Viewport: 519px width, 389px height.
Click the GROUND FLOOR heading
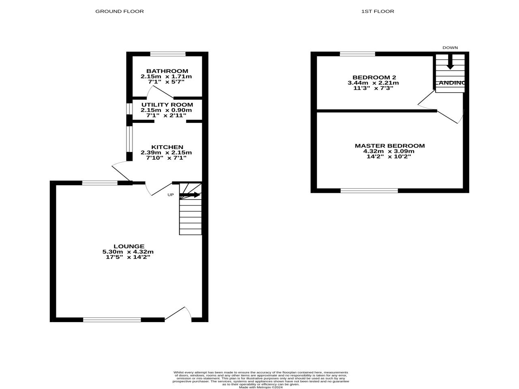click(x=119, y=11)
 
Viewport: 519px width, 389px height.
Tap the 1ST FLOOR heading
click(x=377, y=11)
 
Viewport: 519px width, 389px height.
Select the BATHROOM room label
click(x=167, y=71)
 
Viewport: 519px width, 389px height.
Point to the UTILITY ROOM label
click(x=167, y=105)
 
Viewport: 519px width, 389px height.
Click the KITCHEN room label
click(x=167, y=147)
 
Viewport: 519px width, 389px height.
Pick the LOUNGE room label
click(x=129, y=246)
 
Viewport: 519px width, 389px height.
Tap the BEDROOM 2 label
click(x=374, y=77)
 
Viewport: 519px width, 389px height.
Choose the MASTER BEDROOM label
click(x=390, y=146)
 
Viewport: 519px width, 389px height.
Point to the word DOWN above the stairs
click(x=450, y=48)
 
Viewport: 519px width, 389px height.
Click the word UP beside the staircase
click(x=170, y=195)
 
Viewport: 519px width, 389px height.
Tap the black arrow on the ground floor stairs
click(x=190, y=195)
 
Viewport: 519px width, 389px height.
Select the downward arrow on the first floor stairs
click(x=450, y=62)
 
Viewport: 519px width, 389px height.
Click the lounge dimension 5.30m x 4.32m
click(x=128, y=252)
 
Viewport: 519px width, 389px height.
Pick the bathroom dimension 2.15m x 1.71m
click(x=166, y=76)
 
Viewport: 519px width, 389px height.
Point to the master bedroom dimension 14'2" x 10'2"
click(x=389, y=156)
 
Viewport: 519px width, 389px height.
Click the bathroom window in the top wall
click(x=168, y=54)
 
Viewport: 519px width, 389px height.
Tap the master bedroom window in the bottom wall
click(x=369, y=190)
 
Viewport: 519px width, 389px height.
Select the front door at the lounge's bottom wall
click(x=178, y=314)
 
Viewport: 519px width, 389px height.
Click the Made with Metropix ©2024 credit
click(x=261, y=387)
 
